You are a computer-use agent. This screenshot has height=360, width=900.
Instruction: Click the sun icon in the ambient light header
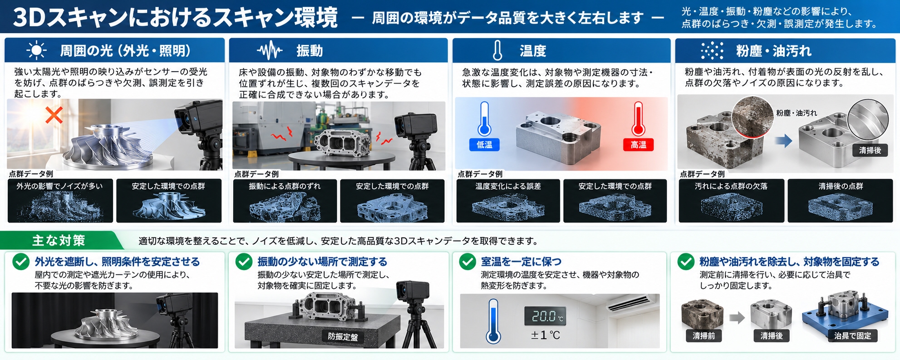[x=36, y=50]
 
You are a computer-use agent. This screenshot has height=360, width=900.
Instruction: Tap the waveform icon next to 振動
[x=270, y=50]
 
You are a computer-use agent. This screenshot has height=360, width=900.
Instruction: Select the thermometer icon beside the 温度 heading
[x=497, y=50]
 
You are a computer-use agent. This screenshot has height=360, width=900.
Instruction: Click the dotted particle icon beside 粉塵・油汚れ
[x=712, y=50]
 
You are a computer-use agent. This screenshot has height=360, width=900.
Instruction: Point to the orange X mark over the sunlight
[x=54, y=115]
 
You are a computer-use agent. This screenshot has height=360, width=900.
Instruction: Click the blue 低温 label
[x=484, y=145]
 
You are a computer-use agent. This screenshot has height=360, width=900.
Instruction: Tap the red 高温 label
[x=639, y=145]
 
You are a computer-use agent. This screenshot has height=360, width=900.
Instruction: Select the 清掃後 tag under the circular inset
[x=870, y=150]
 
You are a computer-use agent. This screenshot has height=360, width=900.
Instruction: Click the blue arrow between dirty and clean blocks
[x=783, y=141]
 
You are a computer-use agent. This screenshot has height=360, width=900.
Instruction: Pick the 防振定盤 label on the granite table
[x=343, y=336]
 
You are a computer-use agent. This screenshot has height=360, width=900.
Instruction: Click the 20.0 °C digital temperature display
[x=545, y=316]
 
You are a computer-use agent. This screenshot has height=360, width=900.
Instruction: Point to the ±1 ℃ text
[x=546, y=335]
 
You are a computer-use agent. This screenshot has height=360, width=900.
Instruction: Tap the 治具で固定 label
[x=853, y=336]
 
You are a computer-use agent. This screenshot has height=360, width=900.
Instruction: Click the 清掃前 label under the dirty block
[x=703, y=336]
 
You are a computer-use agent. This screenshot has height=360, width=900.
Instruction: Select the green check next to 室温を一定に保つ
[x=467, y=262]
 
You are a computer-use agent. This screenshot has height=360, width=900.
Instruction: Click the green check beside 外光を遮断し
[x=21, y=262]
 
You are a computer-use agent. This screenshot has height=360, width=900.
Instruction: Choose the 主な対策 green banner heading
[x=59, y=241]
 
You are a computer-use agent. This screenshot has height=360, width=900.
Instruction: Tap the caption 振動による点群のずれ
[x=285, y=186]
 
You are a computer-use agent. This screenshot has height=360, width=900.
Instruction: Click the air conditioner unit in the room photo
[x=632, y=302]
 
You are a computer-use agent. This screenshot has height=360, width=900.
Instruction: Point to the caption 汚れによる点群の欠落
[x=731, y=186]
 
